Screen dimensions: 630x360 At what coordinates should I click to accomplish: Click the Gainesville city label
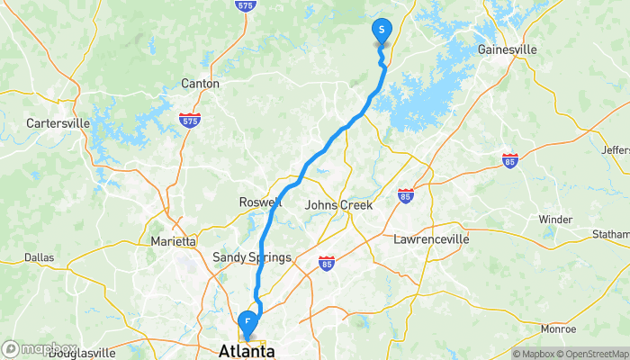[508, 49]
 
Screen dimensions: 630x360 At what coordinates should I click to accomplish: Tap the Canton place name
[200, 84]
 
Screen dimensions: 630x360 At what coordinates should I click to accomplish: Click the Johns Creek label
[338, 205]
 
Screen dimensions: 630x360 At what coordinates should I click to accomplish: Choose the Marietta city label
[173, 241]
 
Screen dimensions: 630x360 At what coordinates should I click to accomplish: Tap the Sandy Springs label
[251, 258]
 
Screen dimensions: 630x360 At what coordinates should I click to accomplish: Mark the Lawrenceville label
[432, 239]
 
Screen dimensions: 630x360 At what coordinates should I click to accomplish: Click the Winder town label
[554, 220]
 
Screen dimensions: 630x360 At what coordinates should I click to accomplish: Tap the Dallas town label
[39, 257]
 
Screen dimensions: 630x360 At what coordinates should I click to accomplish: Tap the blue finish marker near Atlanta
[247, 321]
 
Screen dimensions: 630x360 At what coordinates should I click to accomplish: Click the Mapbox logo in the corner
[40, 348]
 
